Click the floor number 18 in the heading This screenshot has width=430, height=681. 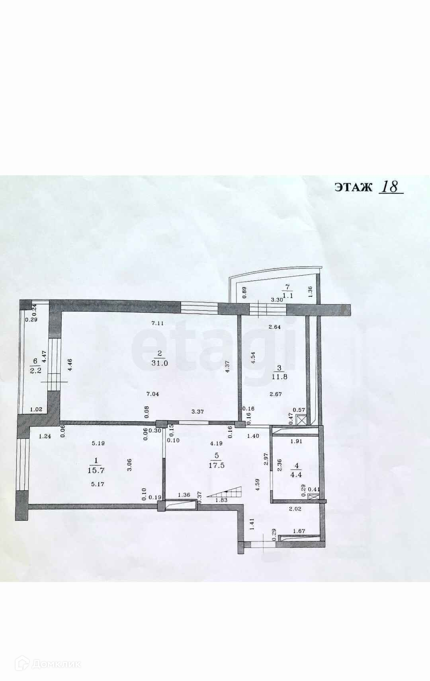pyautogui.click(x=391, y=187)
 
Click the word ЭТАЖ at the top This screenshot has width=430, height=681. pyautogui.click(x=353, y=187)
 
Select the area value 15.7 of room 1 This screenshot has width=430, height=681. pyautogui.click(x=96, y=469)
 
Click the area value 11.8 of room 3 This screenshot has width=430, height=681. pyautogui.click(x=279, y=377)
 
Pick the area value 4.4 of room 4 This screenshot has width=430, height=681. pyautogui.click(x=296, y=475)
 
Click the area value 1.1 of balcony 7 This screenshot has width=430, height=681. pyautogui.click(x=288, y=296)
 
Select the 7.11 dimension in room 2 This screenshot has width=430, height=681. pyautogui.click(x=158, y=323)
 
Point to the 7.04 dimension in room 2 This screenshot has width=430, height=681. pyautogui.click(x=152, y=394)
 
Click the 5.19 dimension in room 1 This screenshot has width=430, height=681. pyautogui.click(x=98, y=443)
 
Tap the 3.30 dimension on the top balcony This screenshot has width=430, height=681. pyautogui.click(x=277, y=300)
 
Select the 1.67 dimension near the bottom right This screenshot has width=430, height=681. pyautogui.click(x=299, y=531)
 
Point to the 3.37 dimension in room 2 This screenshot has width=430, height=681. pyautogui.click(x=197, y=412)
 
